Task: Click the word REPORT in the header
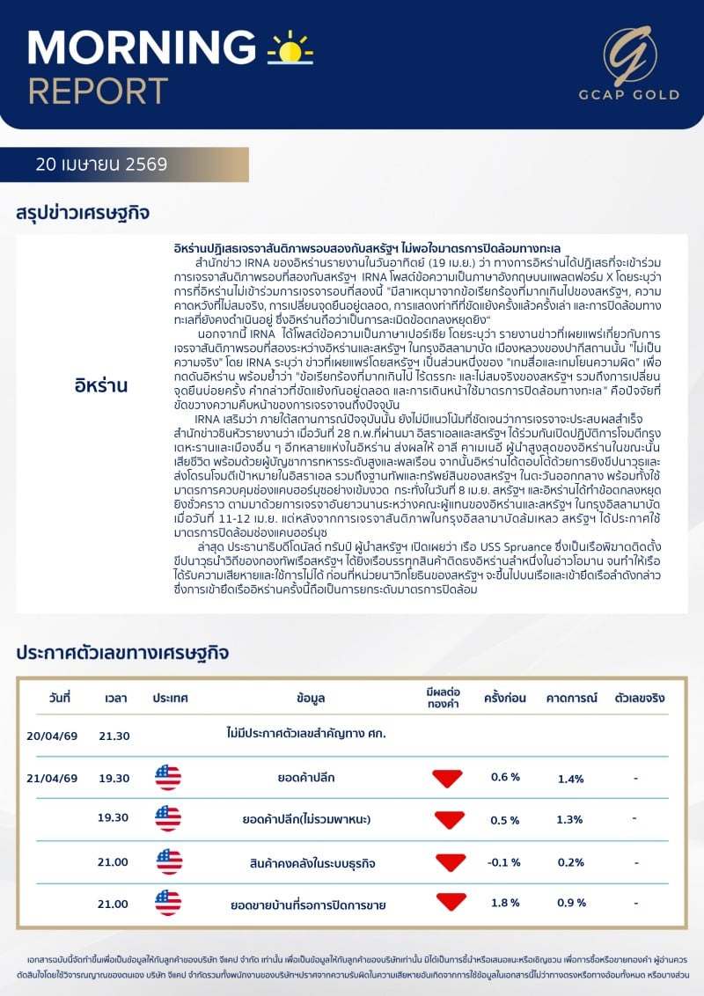click(98, 91)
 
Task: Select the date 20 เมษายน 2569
click(101, 164)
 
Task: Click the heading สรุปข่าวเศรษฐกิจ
click(83, 213)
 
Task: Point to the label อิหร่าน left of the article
click(101, 385)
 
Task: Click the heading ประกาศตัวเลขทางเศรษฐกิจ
click(122, 653)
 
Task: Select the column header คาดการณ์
click(571, 699)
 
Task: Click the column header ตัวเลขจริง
click(640, 699)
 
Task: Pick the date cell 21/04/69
click(52, 779)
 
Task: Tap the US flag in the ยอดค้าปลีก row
click(168, 778)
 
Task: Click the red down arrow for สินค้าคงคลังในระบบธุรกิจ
click(448, 862)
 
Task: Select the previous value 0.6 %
click(505, 778)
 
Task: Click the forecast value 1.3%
click(571, 821)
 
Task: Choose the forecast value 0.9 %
click(571, 904)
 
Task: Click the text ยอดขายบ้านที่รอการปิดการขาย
click(308, 904)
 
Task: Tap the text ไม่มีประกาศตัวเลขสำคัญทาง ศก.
click(306, 733)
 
